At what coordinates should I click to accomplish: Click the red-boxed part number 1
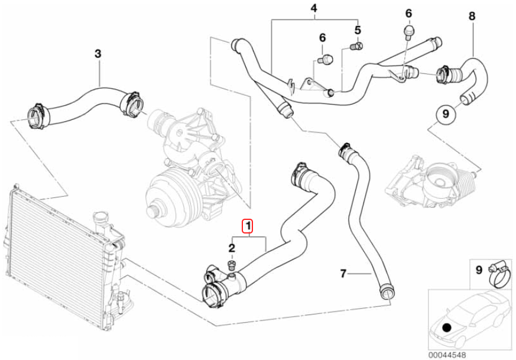coord(248,225)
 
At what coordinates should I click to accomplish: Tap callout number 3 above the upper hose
coord(98,54)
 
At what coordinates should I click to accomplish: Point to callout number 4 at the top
coord(314,8)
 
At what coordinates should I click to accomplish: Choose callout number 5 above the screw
coord(358,30)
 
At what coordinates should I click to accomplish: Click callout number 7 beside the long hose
coord(343,273)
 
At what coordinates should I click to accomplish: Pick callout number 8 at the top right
coord(471,16)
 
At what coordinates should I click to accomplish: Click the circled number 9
coord(445,112)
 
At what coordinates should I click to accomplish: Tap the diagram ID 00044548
coord(446,355)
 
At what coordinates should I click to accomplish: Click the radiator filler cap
coord(101,219)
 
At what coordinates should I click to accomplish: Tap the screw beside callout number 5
coord(356,45)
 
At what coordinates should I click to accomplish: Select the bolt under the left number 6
coord(326,59)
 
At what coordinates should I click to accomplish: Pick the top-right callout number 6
coord(408,13)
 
